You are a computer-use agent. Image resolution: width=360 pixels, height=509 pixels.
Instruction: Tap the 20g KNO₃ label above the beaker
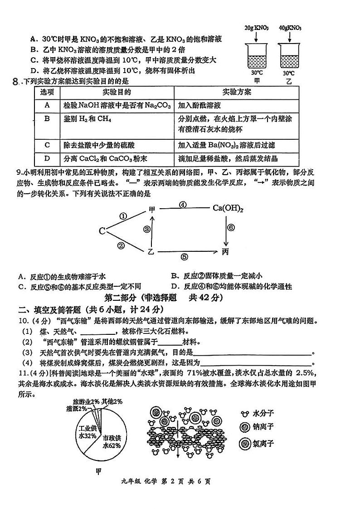(x=256, y=28)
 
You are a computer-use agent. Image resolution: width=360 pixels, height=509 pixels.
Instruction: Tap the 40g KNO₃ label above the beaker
(x=290, y=28)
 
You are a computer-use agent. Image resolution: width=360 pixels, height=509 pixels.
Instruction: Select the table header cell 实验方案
(x=237, y=92)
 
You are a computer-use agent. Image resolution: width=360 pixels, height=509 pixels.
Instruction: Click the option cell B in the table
(x=47, y=119)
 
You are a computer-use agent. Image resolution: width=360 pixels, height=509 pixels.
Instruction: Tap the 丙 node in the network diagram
(x=226, y=251)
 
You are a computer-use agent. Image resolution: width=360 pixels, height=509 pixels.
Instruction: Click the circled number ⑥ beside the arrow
(x=231, y=228)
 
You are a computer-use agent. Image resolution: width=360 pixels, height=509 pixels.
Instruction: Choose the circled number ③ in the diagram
(x=146, y=230)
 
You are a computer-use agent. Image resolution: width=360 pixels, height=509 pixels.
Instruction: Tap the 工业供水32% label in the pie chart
(x=88, y=431)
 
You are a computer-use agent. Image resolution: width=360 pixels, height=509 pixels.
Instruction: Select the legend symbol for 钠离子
(x=246, y=428)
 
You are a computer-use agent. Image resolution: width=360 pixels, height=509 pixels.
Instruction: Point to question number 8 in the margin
(x=16, y=82)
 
